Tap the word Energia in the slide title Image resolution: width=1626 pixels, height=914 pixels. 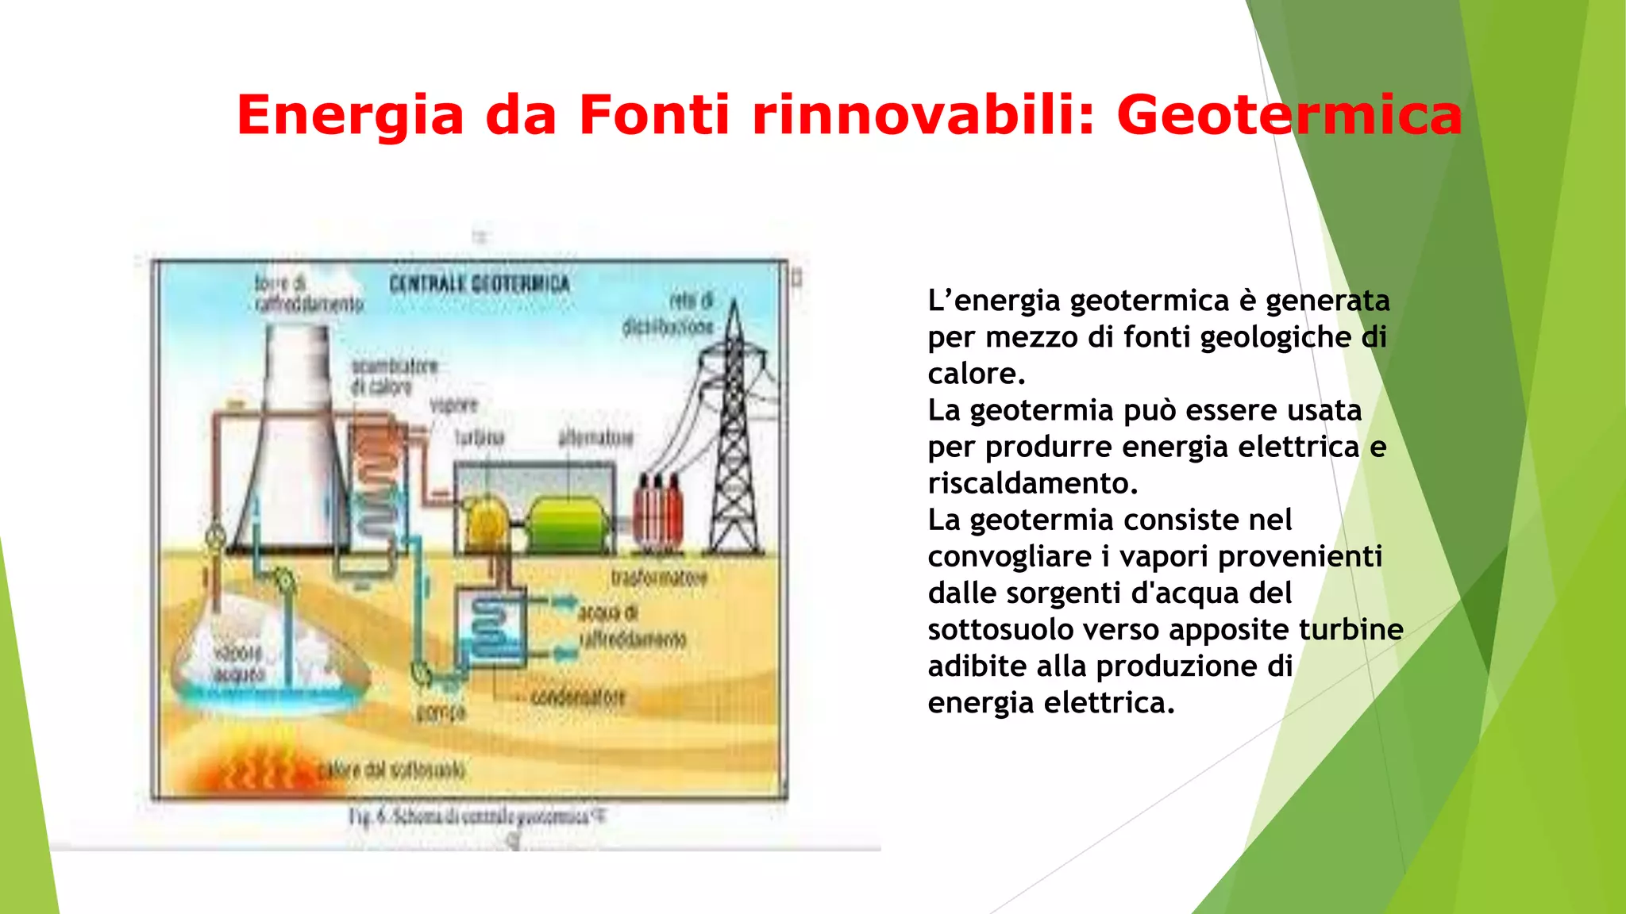tap(349, 116)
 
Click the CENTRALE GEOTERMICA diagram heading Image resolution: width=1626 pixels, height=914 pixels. tap(479, 284)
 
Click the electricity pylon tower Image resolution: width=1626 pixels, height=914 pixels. tap(735, 444)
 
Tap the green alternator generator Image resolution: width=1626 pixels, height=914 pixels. tap(568, 524)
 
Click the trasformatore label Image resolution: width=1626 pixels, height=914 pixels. tap(659, 578)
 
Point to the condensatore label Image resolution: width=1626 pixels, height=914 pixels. tap(578, 697)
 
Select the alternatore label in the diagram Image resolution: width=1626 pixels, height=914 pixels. tap(595, 437)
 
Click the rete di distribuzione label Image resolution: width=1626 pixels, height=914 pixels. tap(669, 313)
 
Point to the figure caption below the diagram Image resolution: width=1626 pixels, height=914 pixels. tap(476, 816)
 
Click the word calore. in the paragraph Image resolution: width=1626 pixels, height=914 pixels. tap(977, 374)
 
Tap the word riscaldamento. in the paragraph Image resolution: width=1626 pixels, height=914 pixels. tap(1033, 483)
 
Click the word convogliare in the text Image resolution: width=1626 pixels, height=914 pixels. tap(1010, 556)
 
